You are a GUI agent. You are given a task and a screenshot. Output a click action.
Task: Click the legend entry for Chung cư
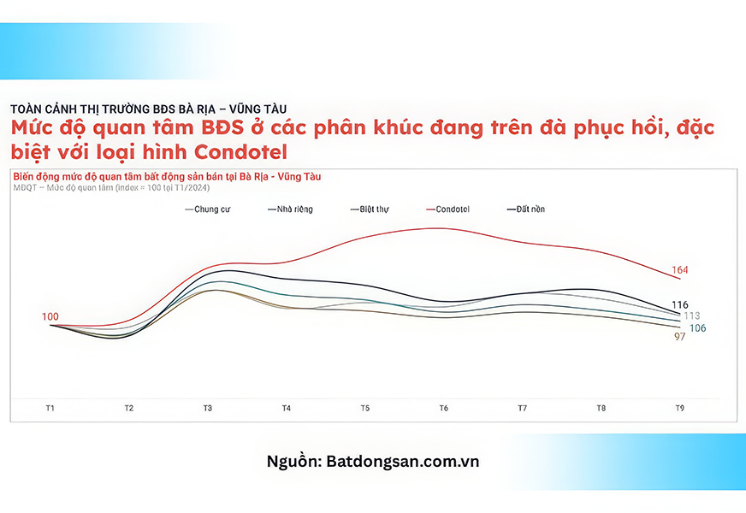(207, 209)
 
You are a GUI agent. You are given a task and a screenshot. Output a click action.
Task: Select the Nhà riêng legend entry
(290, 209)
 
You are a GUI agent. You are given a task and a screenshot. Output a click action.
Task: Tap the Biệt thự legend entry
(370, 209)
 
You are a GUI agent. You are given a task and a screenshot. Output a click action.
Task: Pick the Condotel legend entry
(447, 209)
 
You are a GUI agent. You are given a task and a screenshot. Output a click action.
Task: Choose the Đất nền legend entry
(526, 209)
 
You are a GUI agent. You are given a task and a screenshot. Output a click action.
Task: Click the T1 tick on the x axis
(50, 408)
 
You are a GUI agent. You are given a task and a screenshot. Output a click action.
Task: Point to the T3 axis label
(207, 408)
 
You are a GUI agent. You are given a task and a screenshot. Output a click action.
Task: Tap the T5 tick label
(365, 408)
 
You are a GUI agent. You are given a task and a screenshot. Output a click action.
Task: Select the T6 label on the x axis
(443, 408)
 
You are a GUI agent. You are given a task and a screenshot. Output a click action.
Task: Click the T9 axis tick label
(680, 408)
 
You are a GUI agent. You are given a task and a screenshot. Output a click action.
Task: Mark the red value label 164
(680, 270)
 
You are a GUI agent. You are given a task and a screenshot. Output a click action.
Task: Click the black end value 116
(680, 304)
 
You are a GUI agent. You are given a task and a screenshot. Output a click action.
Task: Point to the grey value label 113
(692, 315)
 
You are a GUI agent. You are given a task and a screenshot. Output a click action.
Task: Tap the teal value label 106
(697, 328)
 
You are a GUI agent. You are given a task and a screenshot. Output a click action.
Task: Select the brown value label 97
(680, 337)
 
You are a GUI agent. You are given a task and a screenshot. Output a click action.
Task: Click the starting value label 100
(50, 316)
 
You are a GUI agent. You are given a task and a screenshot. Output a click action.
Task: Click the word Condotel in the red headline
(240, 152)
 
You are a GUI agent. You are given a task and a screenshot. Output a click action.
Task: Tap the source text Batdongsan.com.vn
(402, 461)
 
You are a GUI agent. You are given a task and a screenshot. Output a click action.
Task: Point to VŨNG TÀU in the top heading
(260, 109)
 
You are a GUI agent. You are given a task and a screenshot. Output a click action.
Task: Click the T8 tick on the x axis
(601, 408)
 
